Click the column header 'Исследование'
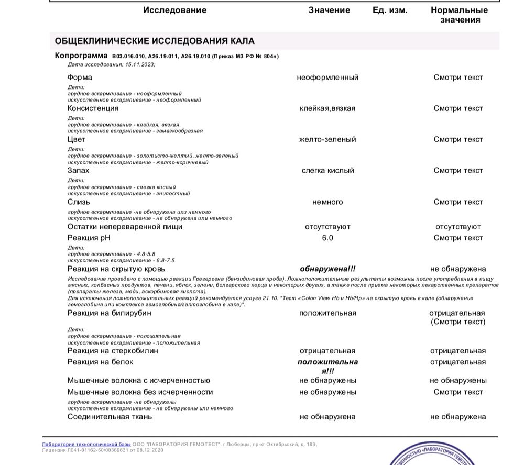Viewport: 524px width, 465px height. [174, 10]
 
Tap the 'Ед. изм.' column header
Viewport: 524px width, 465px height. [389, 10]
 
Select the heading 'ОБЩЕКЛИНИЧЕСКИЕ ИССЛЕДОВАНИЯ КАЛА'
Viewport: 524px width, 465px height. [155, 41]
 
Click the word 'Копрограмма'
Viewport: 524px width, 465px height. [81, 56]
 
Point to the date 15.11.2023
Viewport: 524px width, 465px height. [140, 64]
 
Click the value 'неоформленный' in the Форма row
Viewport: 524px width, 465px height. [327, 77]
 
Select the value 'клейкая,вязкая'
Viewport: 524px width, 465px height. [327, 108]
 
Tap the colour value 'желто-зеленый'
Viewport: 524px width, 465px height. [327, 139]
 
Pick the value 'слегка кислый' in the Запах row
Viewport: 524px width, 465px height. [327, 171]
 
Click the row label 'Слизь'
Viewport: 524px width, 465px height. [79, 202]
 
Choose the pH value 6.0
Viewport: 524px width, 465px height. [327, 238]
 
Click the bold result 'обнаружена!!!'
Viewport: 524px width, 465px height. [327, 269]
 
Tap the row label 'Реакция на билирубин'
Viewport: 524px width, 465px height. [109, 313]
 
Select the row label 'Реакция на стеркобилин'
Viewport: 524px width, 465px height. [112, 351]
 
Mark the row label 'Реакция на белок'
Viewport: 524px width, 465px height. [100, 362]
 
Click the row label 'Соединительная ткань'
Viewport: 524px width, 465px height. [110, 417]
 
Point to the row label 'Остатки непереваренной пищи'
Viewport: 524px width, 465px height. [125, 227]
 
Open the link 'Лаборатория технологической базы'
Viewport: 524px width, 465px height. [86, 444]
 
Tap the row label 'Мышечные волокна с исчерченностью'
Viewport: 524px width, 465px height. [138, 381]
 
